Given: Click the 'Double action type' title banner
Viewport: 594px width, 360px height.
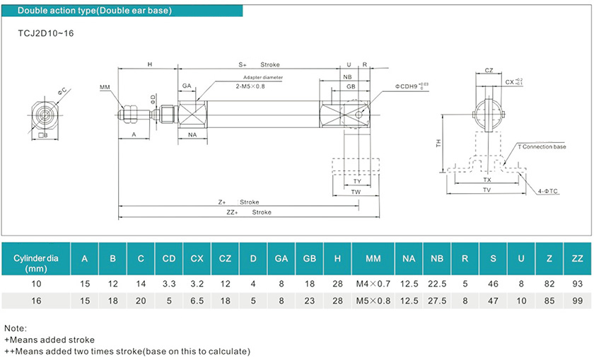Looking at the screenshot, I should point(94,11).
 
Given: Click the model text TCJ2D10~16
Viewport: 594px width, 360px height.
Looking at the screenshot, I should point(45,34).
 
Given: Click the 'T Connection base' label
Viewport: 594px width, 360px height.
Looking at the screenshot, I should point(542,147).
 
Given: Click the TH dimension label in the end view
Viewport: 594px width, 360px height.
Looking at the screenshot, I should point(439,143).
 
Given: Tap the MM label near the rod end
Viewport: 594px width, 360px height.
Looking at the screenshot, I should point(105,87).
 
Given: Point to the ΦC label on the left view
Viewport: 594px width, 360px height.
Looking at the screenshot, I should point(63,91).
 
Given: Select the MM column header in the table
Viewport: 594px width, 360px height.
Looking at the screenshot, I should point(373,259).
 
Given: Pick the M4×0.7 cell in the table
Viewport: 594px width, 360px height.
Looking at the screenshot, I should point(373,283).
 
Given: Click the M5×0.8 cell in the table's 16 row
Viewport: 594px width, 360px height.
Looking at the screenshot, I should point(373,301).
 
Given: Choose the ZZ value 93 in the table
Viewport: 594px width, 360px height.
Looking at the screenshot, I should point(577,283).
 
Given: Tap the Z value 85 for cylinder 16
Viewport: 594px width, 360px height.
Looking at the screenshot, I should point(549,301).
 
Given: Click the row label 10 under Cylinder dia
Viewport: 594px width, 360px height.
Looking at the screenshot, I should point(40,283).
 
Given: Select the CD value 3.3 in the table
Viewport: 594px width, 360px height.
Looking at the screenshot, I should point(169,283).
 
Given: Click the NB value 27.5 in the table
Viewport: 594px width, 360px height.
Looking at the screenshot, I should point(436,301).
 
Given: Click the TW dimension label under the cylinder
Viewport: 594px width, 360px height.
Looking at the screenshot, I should point(356,192).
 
